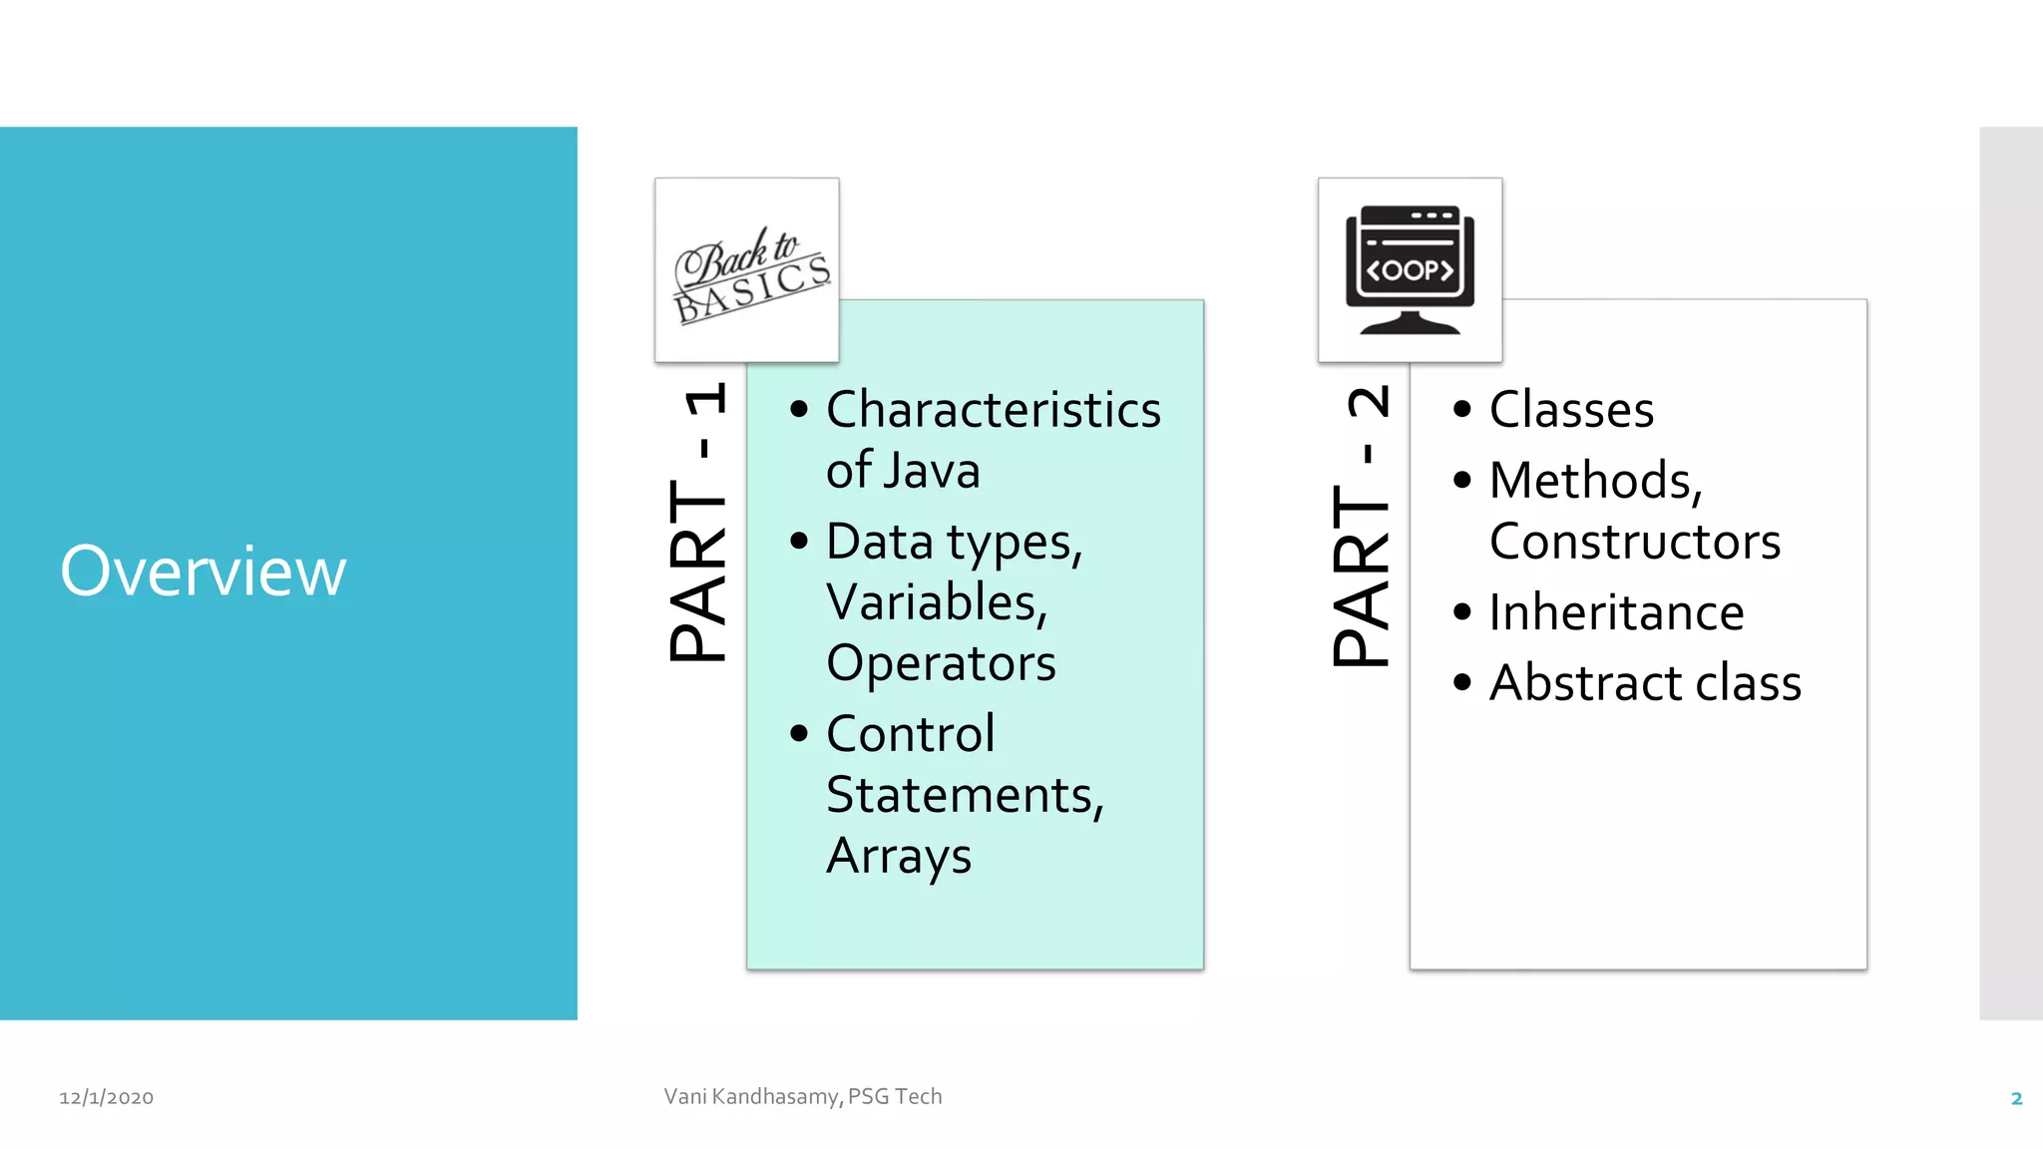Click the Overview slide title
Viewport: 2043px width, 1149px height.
pos(204,572)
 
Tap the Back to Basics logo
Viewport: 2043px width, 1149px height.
pos(747,270)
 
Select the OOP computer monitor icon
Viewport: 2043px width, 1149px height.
pos(1410,270)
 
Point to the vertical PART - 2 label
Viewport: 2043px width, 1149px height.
pos(1362,526)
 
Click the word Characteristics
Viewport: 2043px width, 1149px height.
pos(994,410)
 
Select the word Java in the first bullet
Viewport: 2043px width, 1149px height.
pos(938,471)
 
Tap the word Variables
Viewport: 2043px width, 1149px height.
pos(937,602)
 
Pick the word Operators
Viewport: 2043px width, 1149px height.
pos(941,663)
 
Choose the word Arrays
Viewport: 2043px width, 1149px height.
pos(899,856)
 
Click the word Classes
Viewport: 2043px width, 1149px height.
pos(1571,410)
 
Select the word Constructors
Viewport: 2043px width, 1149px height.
pos(1635,542)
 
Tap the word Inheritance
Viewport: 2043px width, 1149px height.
pos(1616,612)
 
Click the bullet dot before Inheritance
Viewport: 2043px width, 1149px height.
pos(1462,611)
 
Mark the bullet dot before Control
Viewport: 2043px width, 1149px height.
pos(799,734)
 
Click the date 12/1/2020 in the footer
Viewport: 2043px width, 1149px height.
pos(107,1097)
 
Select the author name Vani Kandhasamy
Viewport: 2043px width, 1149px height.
pos(753,1096)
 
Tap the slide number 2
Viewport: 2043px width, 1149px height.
pos(2016,1098)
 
